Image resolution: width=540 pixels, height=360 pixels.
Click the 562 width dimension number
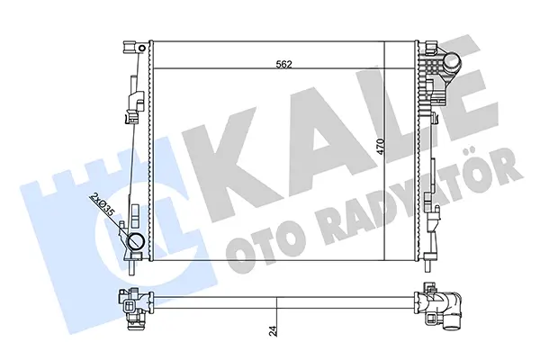[x=283, y=65]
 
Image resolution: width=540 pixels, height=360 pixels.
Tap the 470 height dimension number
[x=380, y=146]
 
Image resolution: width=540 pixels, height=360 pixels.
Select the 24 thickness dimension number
[x=273, y=330]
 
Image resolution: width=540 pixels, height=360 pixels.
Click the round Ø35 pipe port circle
[x=136, y=241]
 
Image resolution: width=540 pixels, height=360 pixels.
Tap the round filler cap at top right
[x=451, y=61]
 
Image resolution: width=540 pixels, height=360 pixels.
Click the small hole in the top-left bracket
[x=141, y=48]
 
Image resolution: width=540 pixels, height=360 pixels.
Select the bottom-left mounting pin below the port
[x=131, y=267]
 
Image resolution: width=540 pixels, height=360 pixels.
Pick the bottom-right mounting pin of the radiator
[x=429, y=265]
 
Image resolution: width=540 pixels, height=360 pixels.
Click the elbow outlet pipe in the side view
[x=449, y=307]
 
